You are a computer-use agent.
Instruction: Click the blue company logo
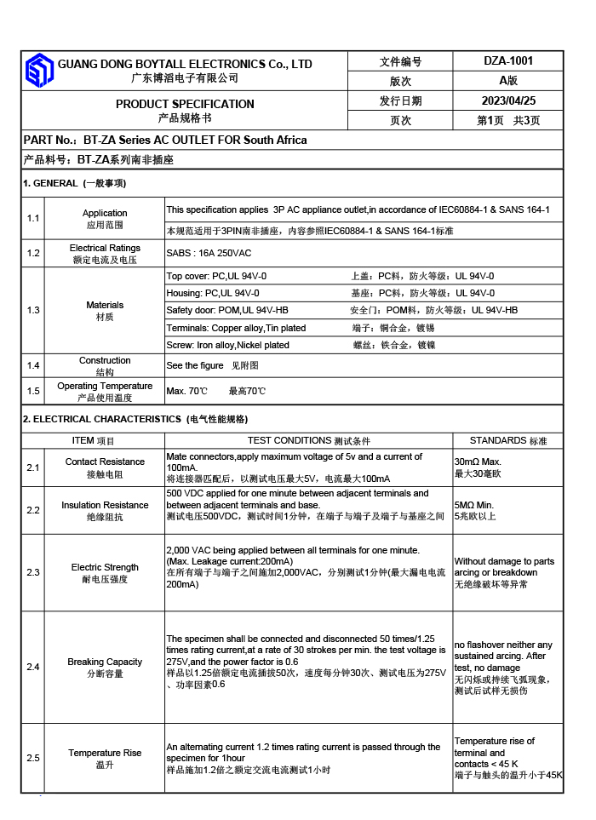point(39,71)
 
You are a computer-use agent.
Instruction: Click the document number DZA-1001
point(508,60)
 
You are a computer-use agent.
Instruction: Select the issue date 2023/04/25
point(508,100)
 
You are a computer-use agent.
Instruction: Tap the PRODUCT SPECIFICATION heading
point(185,104)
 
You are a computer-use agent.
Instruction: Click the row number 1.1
point(33,219)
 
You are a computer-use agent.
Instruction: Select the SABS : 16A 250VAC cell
point(209,253)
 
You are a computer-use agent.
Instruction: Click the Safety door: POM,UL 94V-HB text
point(227,310)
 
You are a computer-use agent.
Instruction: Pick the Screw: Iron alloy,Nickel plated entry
point(227,345)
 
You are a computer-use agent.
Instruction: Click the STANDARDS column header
point(508,440)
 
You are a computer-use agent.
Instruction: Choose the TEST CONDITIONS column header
point(309,440)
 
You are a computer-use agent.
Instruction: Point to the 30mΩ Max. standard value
point(478,462)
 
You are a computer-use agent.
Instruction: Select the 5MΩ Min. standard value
point(474,504)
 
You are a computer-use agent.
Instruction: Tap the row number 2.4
point(33,667)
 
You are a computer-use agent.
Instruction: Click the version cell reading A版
point(508,81)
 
